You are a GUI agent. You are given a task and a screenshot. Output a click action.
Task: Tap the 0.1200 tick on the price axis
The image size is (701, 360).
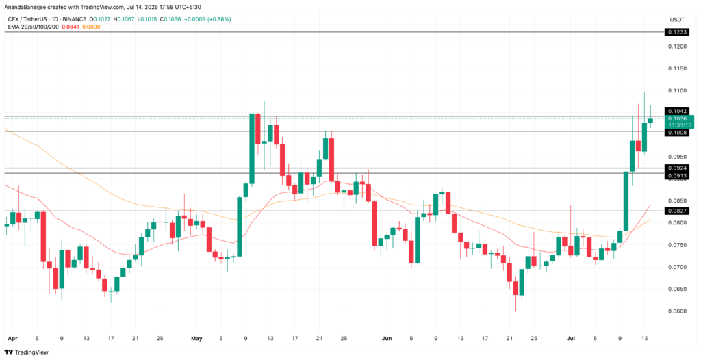[678, 47]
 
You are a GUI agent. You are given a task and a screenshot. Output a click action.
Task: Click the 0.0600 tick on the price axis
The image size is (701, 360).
[678, 311]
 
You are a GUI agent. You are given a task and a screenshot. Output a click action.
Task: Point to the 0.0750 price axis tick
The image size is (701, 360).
[678, 244]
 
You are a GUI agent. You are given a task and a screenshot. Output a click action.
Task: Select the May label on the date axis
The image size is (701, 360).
[197, 338]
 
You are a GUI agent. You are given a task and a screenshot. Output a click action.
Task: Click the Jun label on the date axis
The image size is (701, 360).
[387, 338]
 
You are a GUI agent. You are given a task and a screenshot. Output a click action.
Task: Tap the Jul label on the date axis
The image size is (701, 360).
[571, 338]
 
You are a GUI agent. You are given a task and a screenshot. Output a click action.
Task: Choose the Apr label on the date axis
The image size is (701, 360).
[11, 338]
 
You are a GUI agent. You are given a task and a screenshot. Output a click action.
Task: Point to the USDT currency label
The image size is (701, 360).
[678, 18]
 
